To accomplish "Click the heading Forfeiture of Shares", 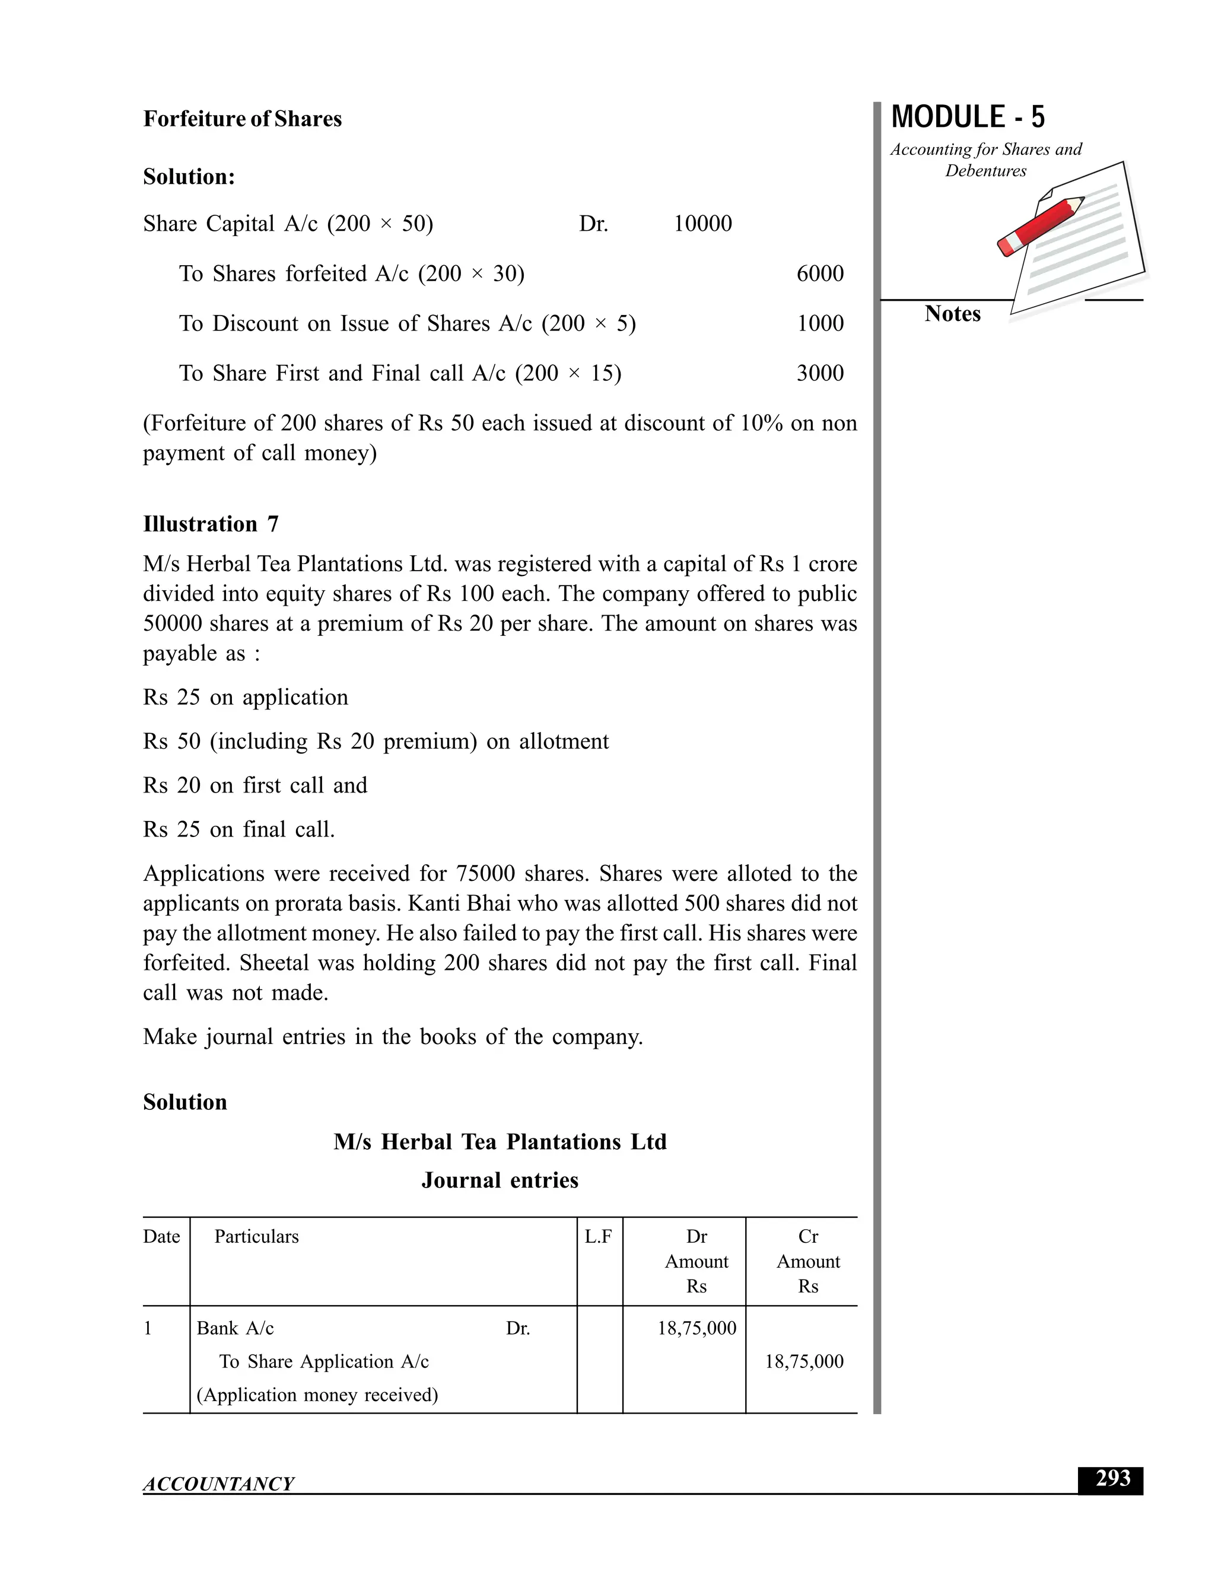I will [x=242, y=119].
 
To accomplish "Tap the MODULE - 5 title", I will [x=968, y=117].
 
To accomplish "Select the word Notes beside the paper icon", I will [x=952, y=314].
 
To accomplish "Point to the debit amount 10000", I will [x=702, y=224].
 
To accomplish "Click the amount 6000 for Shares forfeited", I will [x=820, y=273].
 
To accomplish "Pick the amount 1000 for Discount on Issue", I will [x=820, y=323].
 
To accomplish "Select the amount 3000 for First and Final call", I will [x=820, y=373].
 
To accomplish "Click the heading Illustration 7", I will [x=210, y=524].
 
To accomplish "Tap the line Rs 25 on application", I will [x=246, y=698].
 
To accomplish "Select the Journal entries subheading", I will [x=500, y=1180].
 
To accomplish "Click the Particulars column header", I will [x=256, y=1237].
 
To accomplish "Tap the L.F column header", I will [x=598, y=1237].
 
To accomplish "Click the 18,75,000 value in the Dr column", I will [x=696, y=1328].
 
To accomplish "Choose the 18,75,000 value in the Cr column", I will [x=804, y=1361].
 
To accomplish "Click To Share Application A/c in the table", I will [x=324, y=1361].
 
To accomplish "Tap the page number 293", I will [x=1112, y=1478].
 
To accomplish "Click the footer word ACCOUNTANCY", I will [x=218, y=1484].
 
